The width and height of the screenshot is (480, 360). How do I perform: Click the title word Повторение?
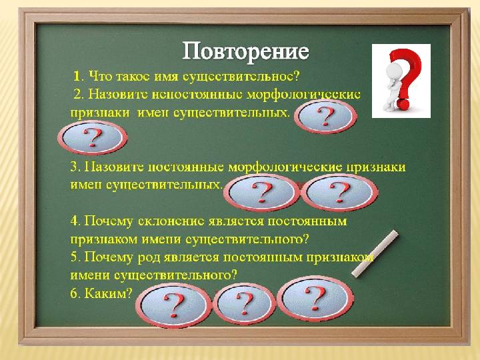[x=245, y=51]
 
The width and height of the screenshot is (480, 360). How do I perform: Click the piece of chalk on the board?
[x=375, y=253]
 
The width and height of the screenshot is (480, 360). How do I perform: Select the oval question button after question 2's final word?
[x=325, y=117]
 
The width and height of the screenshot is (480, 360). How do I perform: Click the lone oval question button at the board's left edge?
[x=93, y=137]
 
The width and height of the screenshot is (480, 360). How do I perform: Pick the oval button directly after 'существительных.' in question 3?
[x=261, y=192]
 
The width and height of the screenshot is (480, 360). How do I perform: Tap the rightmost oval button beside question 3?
[x=339, y=192]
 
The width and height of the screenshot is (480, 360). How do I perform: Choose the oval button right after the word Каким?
[x=173, y=305]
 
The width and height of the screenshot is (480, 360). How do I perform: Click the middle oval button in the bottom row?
[x=244, y=304]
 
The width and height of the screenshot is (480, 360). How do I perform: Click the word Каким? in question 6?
[x=108, y=293]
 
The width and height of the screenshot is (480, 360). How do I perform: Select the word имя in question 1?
[x=165, y=77]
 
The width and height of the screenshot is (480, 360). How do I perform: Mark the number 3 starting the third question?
[x=74, y=167]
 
